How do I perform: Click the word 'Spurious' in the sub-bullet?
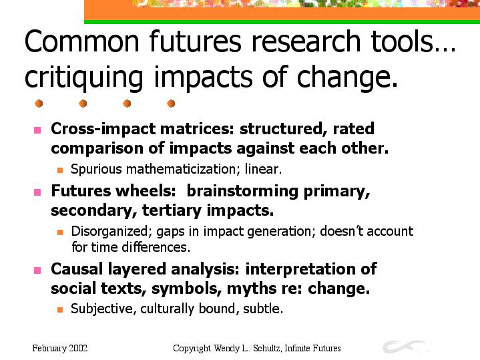[96, 169]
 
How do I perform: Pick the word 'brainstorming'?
[242, 192]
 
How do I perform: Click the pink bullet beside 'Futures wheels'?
[37, 192]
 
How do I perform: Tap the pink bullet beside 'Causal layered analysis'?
[37, 271]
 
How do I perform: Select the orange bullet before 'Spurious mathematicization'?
[60, 170]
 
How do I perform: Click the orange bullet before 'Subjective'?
[60, 310]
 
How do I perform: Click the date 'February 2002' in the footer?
[60, 349]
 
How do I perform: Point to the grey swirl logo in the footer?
[404, 346]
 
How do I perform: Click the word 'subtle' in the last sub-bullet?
[263, 309]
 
